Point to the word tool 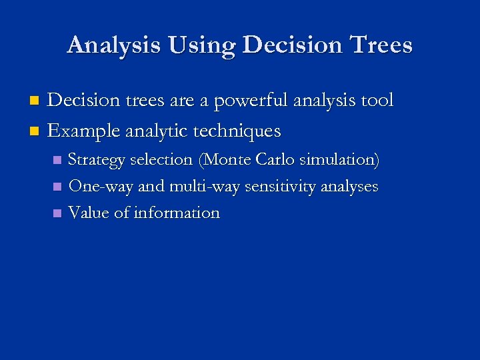point(376,101)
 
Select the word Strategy point(97,160)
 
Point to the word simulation point(340,160)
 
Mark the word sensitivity point(280,187)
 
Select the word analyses point(350,187)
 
